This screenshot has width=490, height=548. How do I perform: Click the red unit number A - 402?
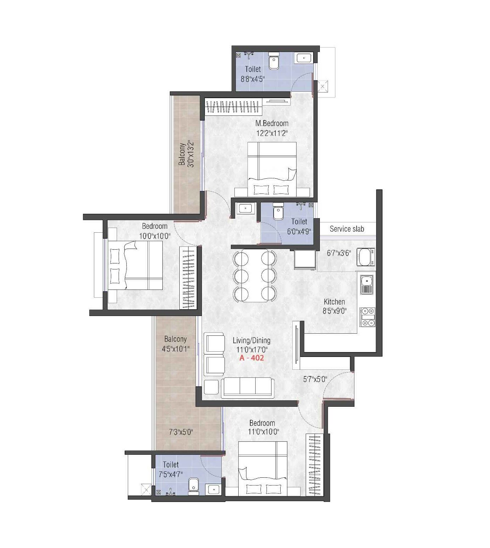coord(252,358)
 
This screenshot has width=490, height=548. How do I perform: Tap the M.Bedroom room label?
coord(272,124)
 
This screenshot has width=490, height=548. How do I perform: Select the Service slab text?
coord(347,229)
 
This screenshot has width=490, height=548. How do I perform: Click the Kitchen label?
coord(334,302)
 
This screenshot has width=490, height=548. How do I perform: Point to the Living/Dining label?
coord(251,340)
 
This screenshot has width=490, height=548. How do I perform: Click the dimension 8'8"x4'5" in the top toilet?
coord(253,79)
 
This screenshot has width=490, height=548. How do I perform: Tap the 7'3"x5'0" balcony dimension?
coord(181,432)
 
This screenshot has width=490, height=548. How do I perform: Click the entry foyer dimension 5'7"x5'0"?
coord(315,379)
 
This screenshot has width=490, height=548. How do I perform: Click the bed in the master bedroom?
coord(272,169)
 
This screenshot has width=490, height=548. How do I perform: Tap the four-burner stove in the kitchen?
coord(367,317)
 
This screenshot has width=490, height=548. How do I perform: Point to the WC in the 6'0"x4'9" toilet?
coord(278,212)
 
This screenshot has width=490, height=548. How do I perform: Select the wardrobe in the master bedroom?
coord(234,107)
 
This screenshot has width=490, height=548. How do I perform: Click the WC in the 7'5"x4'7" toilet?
coord(193,486)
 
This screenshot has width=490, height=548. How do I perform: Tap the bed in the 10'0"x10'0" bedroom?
coord(135,265)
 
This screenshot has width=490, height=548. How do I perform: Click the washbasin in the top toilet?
coord(304,58)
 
